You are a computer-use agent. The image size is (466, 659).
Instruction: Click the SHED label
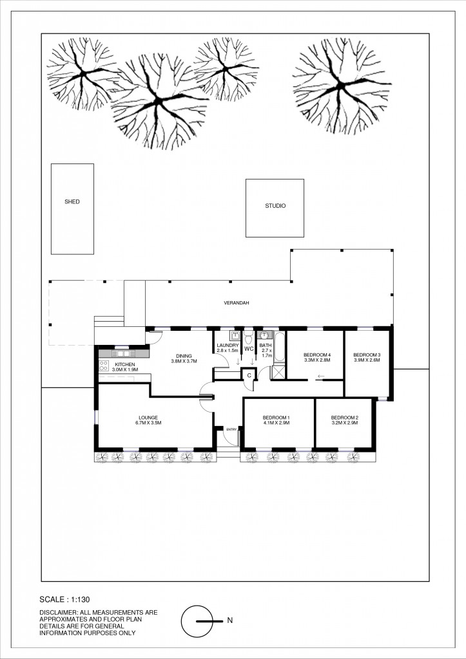(72, 201)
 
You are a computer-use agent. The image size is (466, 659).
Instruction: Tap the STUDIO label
(275, 207)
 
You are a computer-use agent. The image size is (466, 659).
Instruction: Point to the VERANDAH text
(236, 302)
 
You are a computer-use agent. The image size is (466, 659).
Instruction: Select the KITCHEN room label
(124, 365)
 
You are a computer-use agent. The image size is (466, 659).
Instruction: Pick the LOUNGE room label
(148, 417)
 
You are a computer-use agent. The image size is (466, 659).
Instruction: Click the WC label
(248, 349)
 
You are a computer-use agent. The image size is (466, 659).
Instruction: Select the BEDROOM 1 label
(276, 418)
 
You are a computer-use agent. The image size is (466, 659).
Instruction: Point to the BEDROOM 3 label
(367, 355)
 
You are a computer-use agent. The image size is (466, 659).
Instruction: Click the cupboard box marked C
(249, 375)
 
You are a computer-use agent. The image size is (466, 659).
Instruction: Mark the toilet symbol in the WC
(248, 336)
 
